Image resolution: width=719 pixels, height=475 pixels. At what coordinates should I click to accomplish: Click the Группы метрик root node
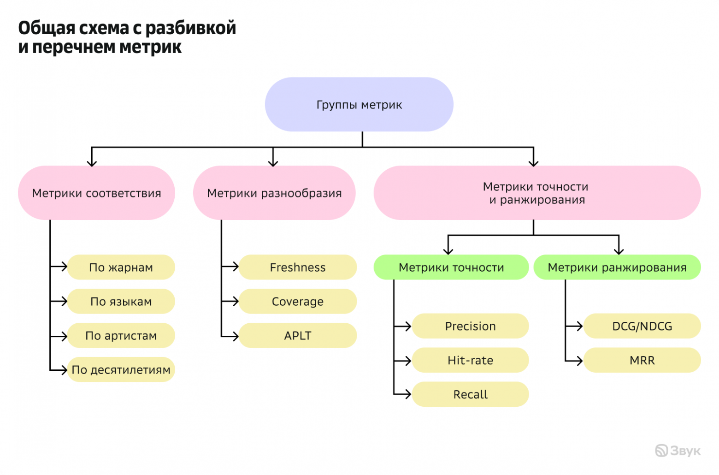(359, 105)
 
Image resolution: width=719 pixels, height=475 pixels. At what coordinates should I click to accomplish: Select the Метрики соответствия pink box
(96, 193)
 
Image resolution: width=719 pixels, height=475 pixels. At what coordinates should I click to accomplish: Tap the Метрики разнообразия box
(274, 193)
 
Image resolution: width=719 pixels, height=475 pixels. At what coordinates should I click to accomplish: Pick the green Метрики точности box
(451, 267)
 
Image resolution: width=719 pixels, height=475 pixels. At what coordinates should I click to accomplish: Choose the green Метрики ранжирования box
(617, 267)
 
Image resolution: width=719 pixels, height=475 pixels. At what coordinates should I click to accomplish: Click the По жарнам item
(121, 267)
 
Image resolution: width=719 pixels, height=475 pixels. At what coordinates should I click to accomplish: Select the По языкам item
(121, 302)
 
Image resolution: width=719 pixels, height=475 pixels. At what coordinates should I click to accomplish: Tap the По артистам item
(121, 336)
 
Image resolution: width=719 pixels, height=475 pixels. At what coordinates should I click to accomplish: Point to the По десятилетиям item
(121, 370)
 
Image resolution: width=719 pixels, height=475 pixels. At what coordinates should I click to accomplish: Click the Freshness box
(298, 267)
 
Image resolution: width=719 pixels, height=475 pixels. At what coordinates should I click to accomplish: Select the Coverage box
(298, 302)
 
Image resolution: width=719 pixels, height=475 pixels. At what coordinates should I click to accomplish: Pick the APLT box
(298, 336)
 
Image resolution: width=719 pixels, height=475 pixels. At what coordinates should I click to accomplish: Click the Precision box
(470, 327)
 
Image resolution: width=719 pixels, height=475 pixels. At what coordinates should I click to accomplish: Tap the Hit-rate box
(470, 361)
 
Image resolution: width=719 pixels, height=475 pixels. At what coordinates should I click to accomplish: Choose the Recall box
(470, 395)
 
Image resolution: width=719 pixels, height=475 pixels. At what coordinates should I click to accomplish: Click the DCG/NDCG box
(642, 327)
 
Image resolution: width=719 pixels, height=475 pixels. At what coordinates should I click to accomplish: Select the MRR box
(642, 361)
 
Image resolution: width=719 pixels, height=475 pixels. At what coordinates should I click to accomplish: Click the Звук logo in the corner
(678, 451)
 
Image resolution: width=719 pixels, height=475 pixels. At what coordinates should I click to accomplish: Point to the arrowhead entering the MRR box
(580, 361)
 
